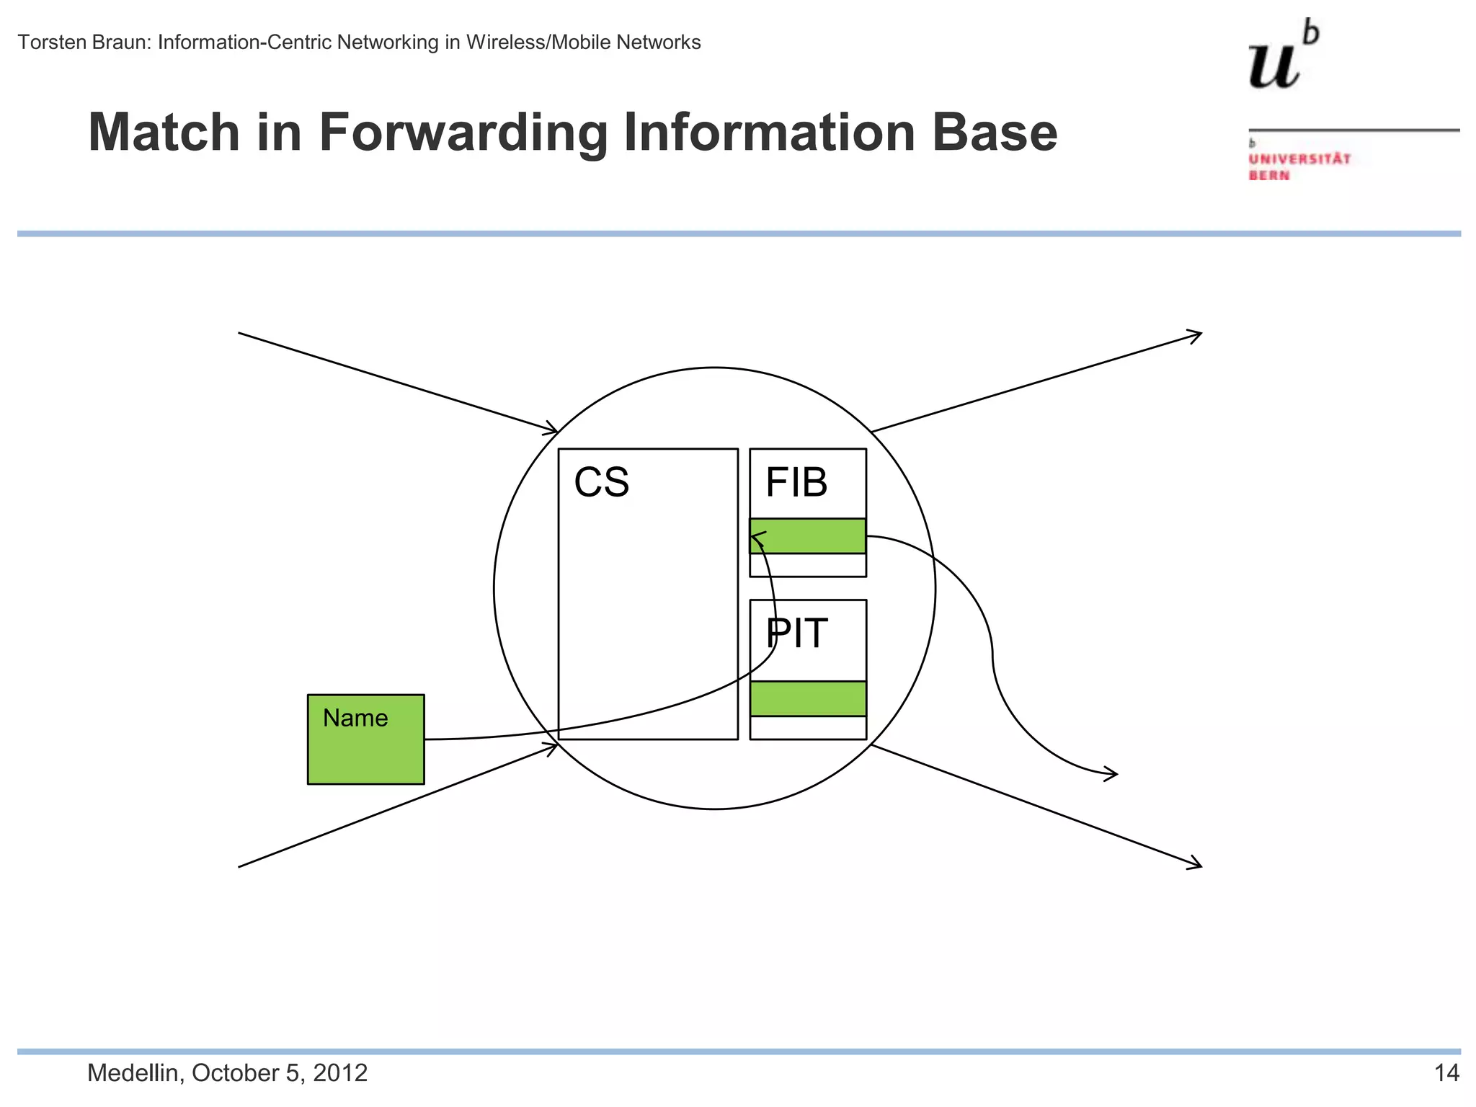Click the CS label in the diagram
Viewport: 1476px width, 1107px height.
click(x=601, y=482)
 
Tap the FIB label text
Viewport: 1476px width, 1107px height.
click(x=796, y=482)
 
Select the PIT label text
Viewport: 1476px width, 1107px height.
click(x=797, y=633)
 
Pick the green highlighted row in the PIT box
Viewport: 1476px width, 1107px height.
click(x=808, y=698)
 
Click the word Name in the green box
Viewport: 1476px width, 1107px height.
click(x=355, y=718)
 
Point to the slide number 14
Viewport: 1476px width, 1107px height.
click(x=1446, y=1072)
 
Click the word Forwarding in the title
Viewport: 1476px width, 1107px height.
click(x=463, y=133)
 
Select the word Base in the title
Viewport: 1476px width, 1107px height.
click(x=994, y=133)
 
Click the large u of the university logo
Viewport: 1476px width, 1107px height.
click(x=1274, y=66)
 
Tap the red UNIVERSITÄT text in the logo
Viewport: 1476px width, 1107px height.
click(x=1299, y=159)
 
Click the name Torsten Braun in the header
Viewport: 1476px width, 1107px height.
click(x=84, y=43)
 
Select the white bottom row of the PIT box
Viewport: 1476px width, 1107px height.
click(x=808, y=728)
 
